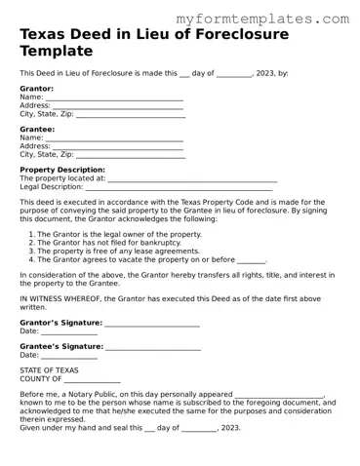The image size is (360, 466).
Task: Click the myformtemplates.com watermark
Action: (262, 19)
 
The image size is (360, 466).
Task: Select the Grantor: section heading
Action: (36, 89)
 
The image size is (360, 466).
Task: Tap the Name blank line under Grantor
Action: (114, 97)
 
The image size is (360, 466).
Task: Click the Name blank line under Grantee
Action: (114, 138)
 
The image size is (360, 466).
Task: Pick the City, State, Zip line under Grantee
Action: (130, 154)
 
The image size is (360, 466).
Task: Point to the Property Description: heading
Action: (62, 170)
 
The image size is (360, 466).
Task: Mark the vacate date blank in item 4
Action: (252, 260)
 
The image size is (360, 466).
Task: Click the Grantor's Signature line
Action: (152, 323)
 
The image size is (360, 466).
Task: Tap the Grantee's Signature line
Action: (153, 347)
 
